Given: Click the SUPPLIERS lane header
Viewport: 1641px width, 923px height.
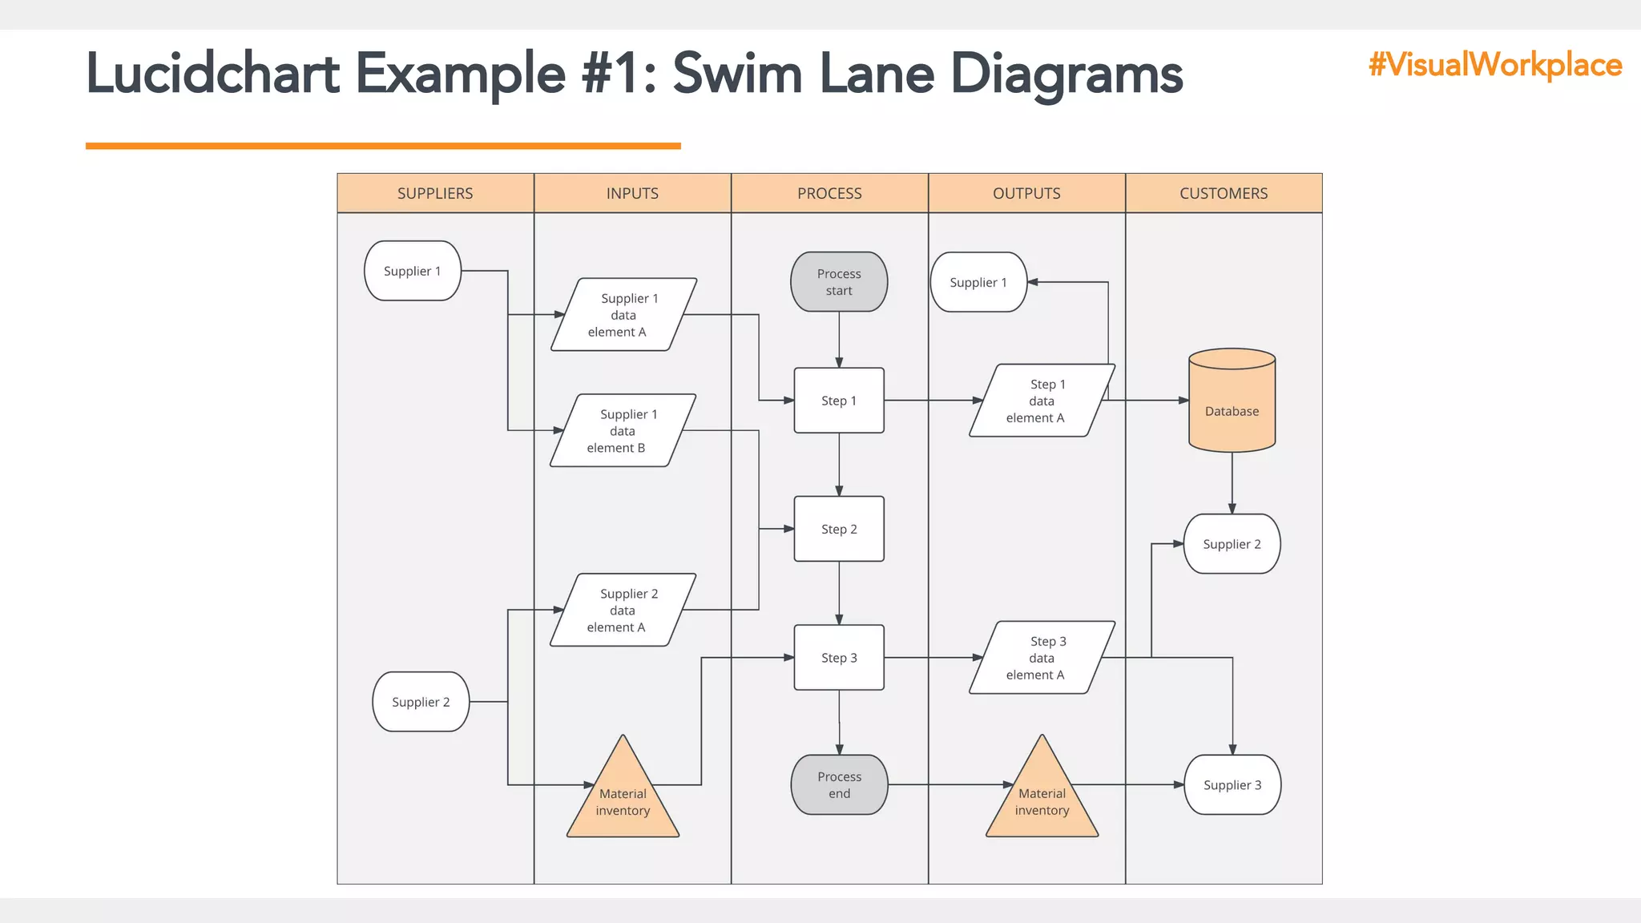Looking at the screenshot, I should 435,193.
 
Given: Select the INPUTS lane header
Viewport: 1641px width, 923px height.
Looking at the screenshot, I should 632,193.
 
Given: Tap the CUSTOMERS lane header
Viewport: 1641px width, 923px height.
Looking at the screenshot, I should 1224,193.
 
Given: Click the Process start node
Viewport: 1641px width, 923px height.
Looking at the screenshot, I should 839,282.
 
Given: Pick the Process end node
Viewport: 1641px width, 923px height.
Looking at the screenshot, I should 839,784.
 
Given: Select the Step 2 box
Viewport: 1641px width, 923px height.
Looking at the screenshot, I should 839,529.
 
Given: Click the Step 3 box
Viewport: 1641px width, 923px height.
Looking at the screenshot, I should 839,658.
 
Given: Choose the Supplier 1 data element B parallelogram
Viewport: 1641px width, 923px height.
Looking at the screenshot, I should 623,431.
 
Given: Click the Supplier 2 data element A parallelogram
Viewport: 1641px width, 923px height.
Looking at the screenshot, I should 623,611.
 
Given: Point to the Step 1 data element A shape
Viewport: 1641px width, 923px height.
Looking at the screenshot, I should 1042,401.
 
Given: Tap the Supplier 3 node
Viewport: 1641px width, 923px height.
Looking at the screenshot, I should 1232,785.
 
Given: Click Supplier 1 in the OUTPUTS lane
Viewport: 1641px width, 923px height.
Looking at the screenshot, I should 978,282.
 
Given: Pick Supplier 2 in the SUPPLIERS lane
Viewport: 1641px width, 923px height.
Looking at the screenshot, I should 421,702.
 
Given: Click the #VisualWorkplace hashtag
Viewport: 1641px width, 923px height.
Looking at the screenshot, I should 1495,64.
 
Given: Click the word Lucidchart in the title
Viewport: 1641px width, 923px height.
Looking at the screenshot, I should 213,74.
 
